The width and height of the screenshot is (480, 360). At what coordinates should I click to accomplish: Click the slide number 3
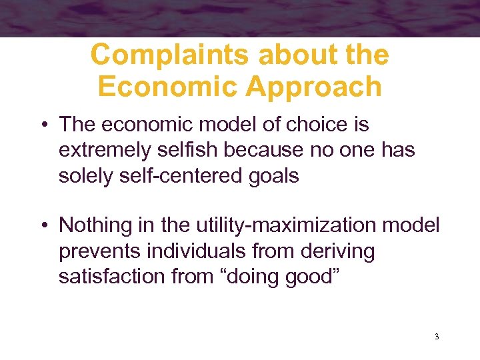point(436,337)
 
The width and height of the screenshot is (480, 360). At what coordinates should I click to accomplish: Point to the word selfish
point(187,151)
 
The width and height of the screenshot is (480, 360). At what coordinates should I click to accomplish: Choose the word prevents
point(97,251)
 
